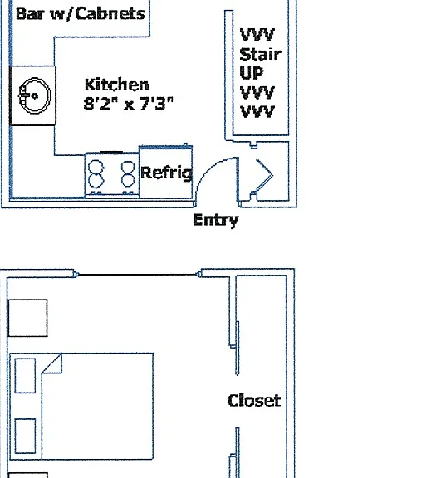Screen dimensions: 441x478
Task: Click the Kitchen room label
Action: click(x=117, y=85)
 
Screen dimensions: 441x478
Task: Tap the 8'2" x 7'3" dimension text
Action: click(x=129, y=104)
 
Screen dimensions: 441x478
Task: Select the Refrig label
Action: click(x=167, y=173)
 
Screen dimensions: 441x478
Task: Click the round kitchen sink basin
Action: click(x=35, y=95)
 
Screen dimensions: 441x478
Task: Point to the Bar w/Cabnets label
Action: click(x=81, y=14)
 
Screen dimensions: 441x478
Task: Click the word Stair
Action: click(x=260, y=54)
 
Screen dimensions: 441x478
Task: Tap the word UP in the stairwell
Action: click(x=252, y=73)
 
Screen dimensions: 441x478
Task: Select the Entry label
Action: click(x=216, y=221)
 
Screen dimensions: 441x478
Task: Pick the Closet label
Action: click(x=254, y=401)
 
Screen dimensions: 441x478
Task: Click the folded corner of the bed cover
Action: click(x=52, y=363)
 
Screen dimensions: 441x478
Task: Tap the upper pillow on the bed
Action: click(x=25, y=376)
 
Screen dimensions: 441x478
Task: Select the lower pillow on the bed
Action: click(x=25, y=436)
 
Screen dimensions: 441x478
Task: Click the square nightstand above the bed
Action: click(x=27, y=318)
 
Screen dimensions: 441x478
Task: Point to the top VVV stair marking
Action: click(x=257, y=35)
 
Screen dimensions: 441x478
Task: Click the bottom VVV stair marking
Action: click(x=257, y=111)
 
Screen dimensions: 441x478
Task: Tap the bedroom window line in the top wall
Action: click(x=137, y=275)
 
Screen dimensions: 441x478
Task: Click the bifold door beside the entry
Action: click(x=264, y=174)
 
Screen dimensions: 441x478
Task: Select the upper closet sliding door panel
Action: click(x=238, y=348)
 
